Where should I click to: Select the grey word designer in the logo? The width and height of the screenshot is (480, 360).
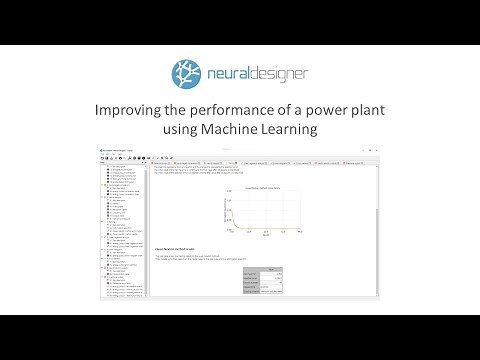(x=278, y=73)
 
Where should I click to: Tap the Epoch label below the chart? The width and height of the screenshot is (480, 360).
(x=266, y=236)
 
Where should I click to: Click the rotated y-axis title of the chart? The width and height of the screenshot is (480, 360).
(x=226, y=208)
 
